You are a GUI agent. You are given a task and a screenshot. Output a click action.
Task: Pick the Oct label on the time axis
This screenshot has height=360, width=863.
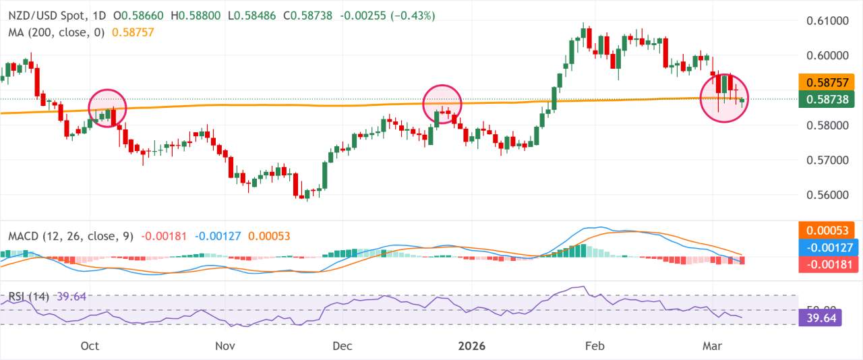coord(90,346)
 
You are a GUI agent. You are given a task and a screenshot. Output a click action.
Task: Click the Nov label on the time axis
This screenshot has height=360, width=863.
coord(225,346)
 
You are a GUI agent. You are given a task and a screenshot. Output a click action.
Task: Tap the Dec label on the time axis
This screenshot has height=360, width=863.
coord(342,346)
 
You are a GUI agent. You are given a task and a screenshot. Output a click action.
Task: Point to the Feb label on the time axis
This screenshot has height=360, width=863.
coord(595,346)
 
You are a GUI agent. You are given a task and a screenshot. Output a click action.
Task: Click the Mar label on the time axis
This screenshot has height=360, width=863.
coord(712,346)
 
